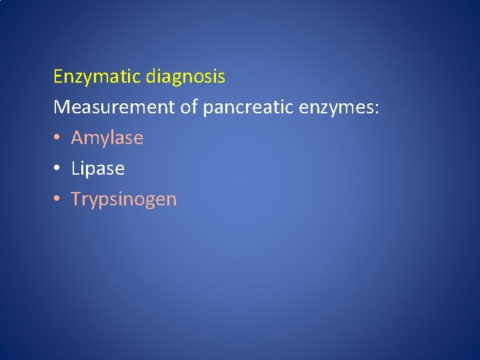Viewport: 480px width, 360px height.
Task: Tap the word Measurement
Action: click(114, 107)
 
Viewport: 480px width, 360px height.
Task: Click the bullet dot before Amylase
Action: click(57, 138)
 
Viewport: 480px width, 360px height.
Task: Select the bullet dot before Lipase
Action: click(57, 169)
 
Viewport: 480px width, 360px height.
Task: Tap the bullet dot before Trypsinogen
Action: click(57, 199)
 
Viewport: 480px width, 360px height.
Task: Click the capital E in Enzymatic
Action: click(58, 77)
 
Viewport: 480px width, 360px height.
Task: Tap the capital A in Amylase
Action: click(77, 138)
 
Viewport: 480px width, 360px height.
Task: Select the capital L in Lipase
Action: click(75, 169)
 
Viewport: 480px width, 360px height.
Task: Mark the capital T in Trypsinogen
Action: click(76, 199)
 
